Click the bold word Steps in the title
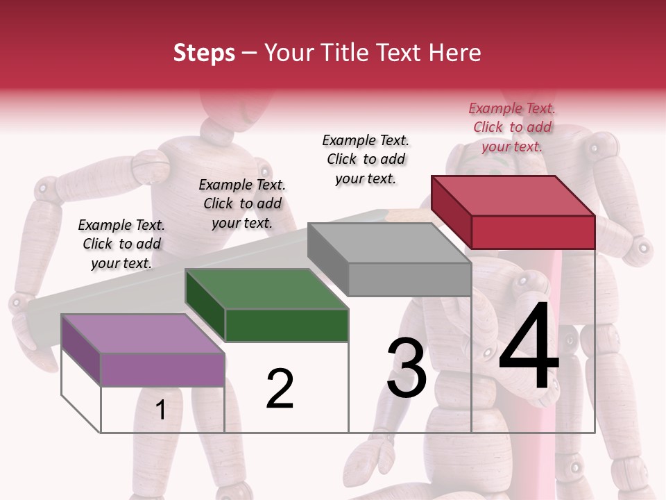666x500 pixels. [x=204, y=53]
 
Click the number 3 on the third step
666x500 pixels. [x=407, y=368]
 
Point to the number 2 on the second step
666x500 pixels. [x=280, y=389]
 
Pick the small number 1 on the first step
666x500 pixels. [x=161, y=410]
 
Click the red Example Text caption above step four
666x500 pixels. [x=512, y=127]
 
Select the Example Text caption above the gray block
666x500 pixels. [x=366, y=159]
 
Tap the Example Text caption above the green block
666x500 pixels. [x=242, y=203]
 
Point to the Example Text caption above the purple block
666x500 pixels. [x=121, y=244]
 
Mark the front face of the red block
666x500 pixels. [x=533, y=232]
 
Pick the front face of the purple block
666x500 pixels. [x=162, y=369]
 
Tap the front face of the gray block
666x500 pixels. [x=409, y=280]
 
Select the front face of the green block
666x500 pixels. [x=287, y=325]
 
